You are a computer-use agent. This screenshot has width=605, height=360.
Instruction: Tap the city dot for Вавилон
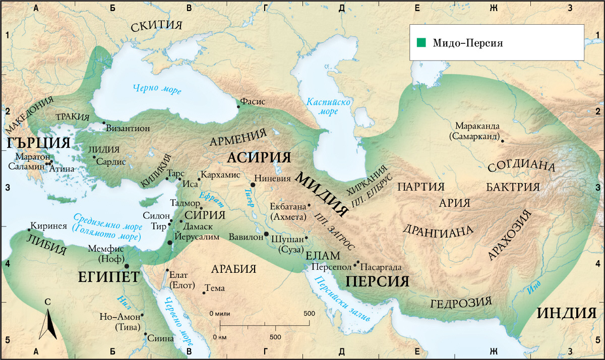pos(266,234)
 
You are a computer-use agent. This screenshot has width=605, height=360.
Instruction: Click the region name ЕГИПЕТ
pos(108,277)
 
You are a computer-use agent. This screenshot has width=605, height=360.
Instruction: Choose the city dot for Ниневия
pos(253,185)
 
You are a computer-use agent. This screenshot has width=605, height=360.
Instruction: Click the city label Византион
pos(128,129)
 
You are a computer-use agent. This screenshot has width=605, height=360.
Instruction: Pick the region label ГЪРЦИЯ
pos(38,143)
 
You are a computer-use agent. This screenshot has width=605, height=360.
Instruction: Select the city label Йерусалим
pos(197,236)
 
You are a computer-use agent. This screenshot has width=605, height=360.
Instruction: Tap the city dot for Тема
pos(203,292)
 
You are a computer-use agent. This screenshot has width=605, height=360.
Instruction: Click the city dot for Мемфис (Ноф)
pos(127,266)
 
